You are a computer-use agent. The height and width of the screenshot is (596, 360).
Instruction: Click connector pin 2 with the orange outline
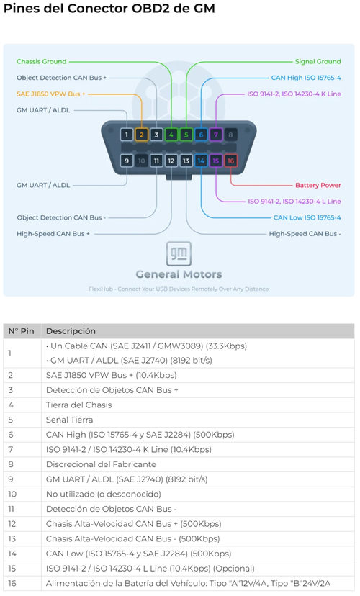pos(141,135)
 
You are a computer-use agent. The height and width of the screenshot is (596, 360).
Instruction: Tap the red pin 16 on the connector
pos(230,161)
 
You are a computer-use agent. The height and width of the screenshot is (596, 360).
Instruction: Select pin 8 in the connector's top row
pos(230,135)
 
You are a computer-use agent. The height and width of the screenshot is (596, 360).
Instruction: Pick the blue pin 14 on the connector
pos(201,161)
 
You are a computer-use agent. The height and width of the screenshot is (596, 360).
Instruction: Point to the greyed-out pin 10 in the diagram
pos(141,161)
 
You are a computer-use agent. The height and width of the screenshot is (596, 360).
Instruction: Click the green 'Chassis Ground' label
pos(42,62)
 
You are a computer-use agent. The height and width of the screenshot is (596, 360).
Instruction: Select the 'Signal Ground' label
pos(318,62)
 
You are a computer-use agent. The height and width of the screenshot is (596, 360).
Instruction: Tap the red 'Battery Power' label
pos(318,185)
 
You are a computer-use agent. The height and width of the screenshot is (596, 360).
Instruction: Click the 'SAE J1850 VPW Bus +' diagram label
pos(51,94)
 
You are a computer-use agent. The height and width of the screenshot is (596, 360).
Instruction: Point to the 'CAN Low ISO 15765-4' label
pos(307,217)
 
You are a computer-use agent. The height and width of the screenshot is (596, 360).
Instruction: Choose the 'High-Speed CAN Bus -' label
pos(305,234)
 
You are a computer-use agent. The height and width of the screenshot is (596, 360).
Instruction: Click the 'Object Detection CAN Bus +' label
pos(62,78)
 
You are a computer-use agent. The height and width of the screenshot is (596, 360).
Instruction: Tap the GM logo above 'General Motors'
pos(179,253)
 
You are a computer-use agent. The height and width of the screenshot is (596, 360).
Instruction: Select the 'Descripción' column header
pos(71,331)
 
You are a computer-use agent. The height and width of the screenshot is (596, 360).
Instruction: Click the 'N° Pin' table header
pos(22,331)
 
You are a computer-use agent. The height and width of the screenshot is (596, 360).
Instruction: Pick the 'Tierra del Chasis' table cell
pos(78,405)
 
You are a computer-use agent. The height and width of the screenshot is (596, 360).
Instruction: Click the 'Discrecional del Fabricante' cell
pos(101,464)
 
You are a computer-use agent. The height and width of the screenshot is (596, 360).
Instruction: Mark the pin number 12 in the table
pos(12,524)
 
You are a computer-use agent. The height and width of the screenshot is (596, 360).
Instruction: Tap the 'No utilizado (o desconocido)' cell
pos(104,494)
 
